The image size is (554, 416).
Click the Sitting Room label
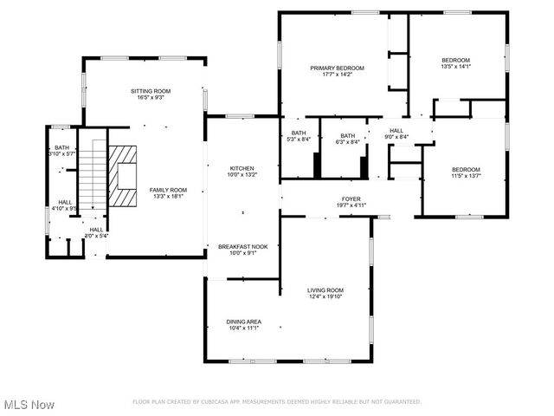[x=151, y=91]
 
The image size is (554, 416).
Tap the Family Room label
[x=168, y=190]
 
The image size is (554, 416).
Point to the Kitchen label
[x=241, y=168]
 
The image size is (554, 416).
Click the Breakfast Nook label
[x=242, y=246]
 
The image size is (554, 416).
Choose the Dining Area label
[x=244, y=322]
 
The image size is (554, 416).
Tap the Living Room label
[x=325, y=290]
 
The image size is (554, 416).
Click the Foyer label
[x=351, y=199]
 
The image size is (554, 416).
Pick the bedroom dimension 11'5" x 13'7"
[x=465, y=176]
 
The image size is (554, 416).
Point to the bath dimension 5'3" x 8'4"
[x=299, y=140]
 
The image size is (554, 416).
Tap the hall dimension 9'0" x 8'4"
[x=396, y=136]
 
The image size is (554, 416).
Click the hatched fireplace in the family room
[x=123, y=176]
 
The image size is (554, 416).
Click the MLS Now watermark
[x=29, y=405]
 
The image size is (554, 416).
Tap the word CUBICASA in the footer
[x=218, y=401]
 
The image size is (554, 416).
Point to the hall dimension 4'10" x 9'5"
[x=65, y=208]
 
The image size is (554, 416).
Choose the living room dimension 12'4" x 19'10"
[x=325, y=297]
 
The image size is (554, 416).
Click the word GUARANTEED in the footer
[x=401, y=401]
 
